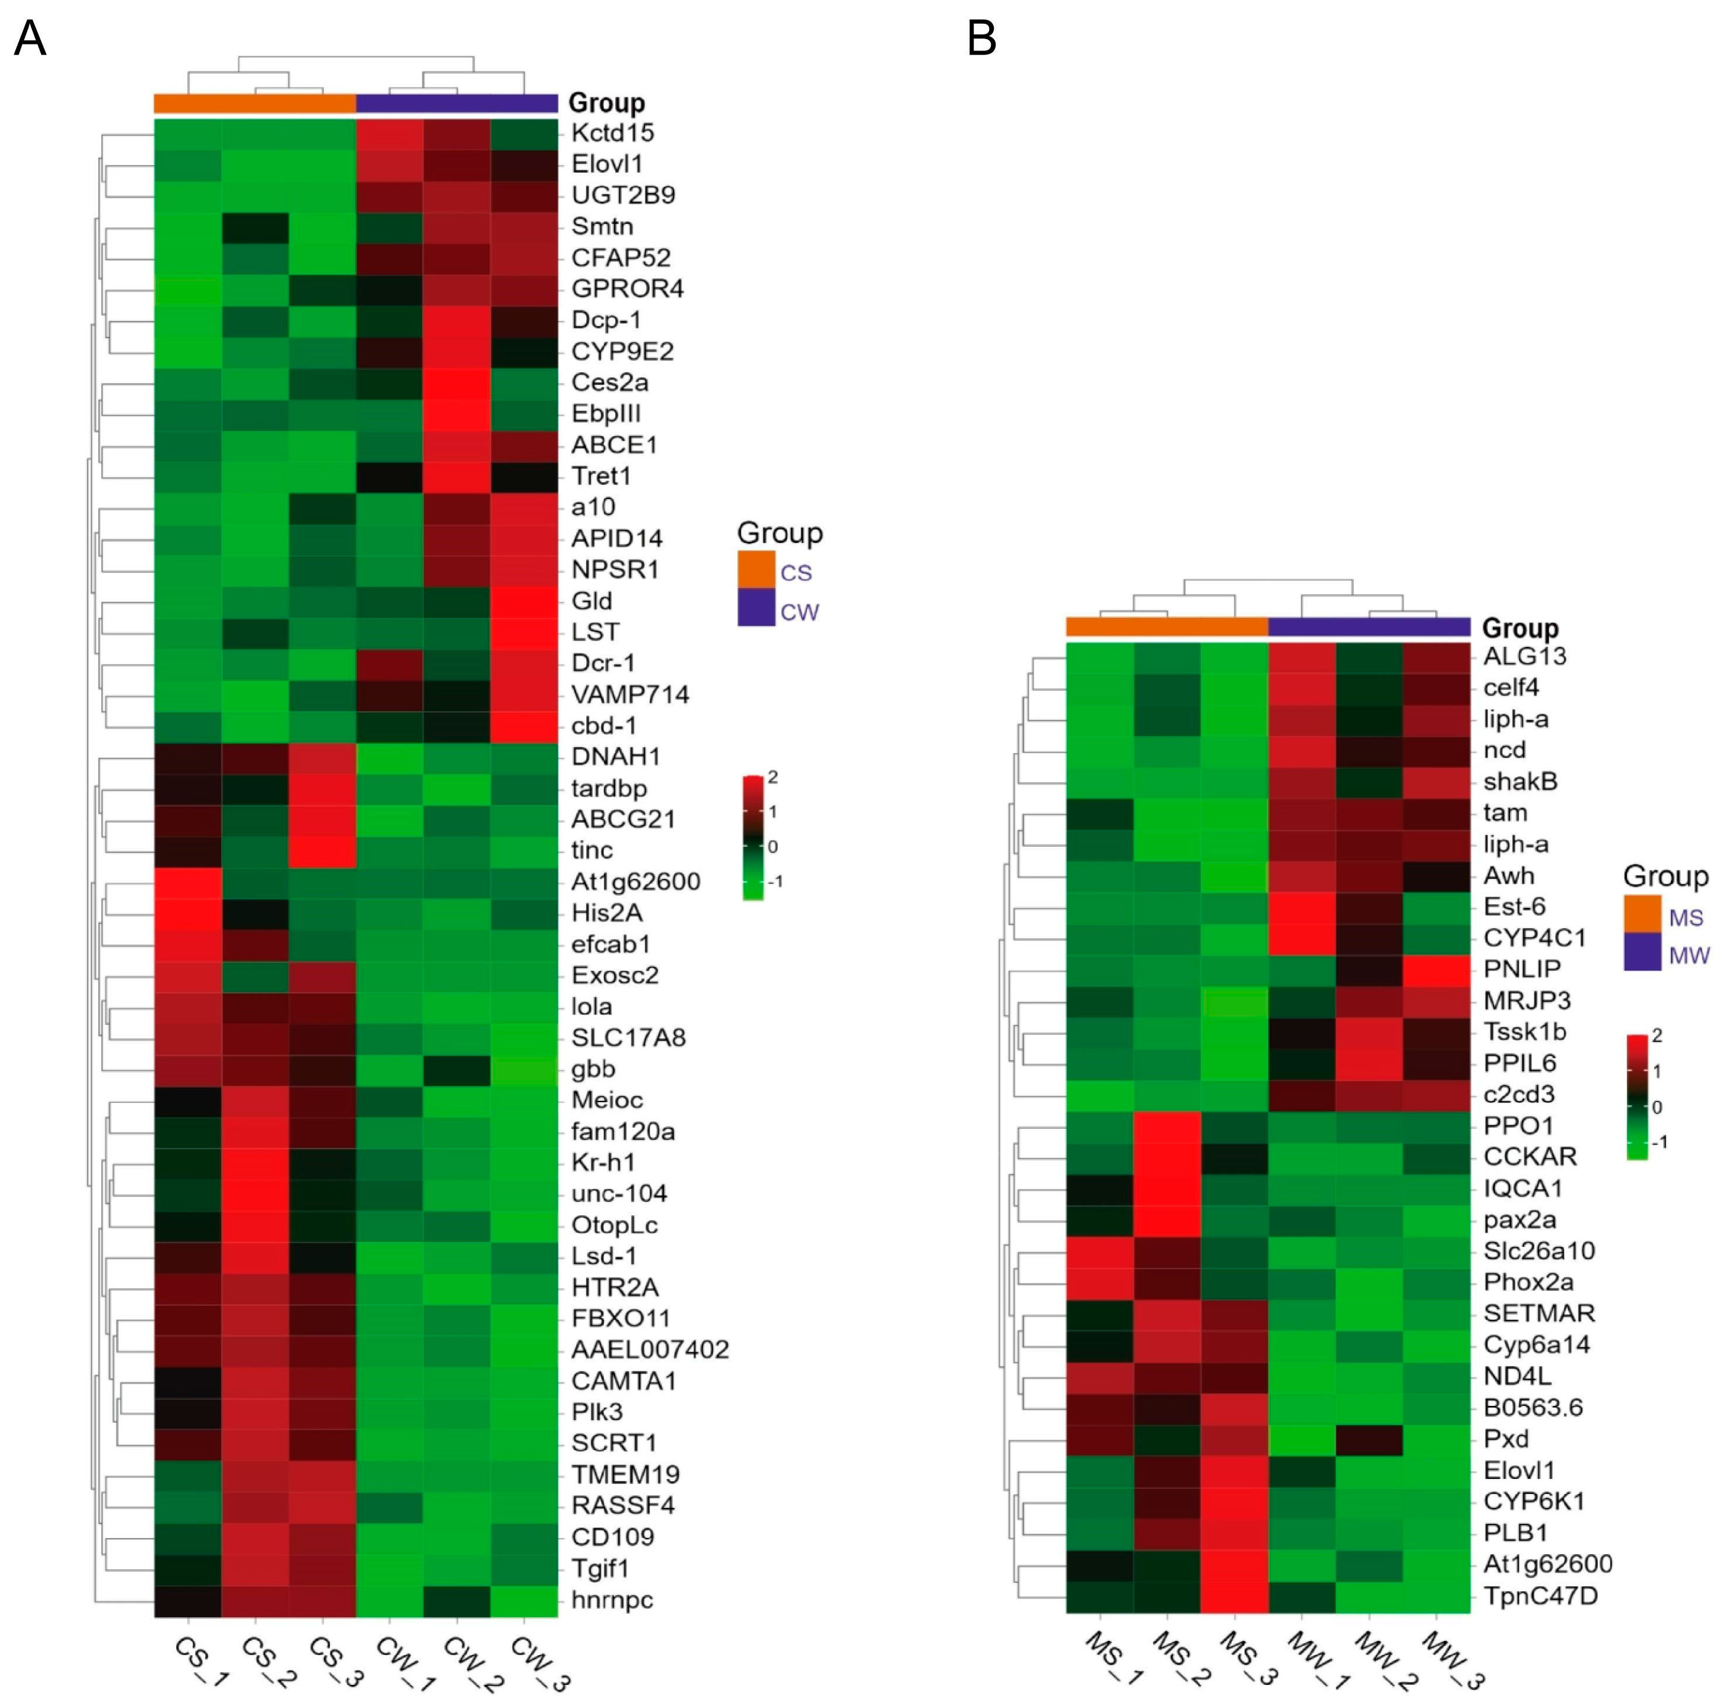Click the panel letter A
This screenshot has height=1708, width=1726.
[30, 39]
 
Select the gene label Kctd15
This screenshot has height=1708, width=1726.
[613, 133]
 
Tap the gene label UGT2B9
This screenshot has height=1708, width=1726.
[622, 195]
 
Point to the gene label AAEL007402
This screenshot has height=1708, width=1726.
[650, 1349]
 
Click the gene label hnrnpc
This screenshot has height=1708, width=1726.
[612, 1599]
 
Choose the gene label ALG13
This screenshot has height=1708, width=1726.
[1524, 656]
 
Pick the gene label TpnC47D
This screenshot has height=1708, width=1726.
[1540, 1595]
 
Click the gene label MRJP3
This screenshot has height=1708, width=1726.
[1527, 1000]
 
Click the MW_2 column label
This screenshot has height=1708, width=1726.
[1385, 1662]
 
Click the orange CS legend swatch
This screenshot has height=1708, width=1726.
[756, 569]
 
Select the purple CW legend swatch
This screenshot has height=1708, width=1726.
[756, 607]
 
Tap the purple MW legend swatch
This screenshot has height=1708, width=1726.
[1642, 952]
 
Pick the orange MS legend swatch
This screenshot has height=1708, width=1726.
[1642, 913]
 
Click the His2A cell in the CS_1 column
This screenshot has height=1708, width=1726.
[187, 913]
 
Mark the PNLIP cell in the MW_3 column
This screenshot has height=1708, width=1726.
[1436, 969]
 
